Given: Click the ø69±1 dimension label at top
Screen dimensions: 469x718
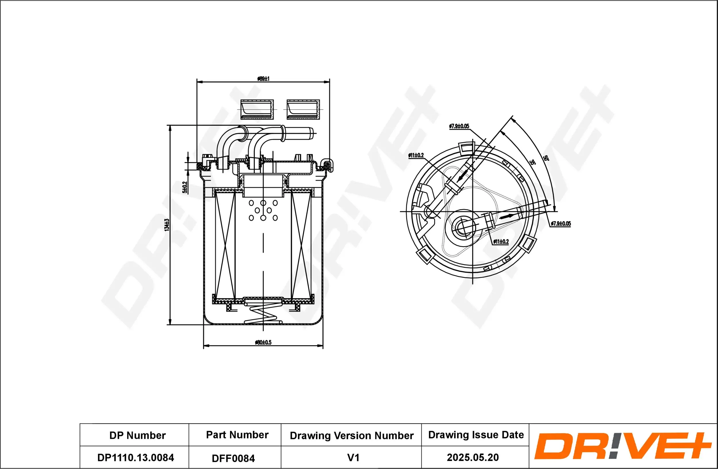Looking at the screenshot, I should [263, 79].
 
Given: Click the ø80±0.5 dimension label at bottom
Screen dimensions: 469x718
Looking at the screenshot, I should [263, 342].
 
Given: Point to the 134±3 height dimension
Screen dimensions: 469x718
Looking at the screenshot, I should [167, 225].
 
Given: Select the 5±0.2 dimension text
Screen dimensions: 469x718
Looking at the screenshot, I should [185, 187].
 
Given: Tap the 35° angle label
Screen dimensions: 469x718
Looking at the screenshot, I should [532, 162].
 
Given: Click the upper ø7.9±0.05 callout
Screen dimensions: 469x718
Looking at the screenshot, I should [459, 126].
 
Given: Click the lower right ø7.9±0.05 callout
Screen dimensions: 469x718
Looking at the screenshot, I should [561, 223].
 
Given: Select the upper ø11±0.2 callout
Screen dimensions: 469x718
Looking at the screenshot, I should [416, 155].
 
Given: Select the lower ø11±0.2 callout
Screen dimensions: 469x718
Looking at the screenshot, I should [501, 242].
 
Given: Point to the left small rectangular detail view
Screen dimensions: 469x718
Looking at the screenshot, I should [257, 109].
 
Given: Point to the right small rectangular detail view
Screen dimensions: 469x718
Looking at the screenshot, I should [303, 109].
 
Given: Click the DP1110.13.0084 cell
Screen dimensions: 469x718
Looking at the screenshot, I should [136, 458].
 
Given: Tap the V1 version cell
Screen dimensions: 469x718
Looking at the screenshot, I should [353, 458].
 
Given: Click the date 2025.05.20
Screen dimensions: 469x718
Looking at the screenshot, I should [473, 457].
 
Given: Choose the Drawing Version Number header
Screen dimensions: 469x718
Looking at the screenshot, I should [352, 435].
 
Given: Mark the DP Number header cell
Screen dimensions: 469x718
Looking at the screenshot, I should [137, 435].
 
